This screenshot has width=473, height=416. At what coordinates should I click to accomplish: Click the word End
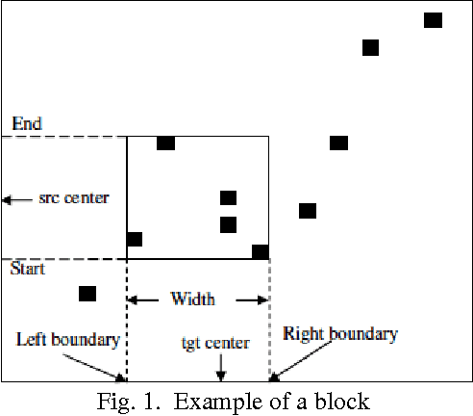pos(26,124)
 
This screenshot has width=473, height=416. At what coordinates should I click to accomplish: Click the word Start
pos(27,269)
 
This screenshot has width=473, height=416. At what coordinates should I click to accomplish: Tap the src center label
pos(73,198)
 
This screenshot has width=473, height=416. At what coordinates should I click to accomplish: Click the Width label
pos(193,299)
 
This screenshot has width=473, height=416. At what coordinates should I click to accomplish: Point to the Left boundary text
pos(67,339)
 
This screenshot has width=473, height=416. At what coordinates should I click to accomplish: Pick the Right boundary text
pos(340,333)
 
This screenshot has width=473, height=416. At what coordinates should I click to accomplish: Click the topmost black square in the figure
pos(433,20)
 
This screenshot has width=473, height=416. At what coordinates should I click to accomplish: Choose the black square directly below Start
pos(87,294)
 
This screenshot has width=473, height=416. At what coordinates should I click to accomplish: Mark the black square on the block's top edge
pos(165,143)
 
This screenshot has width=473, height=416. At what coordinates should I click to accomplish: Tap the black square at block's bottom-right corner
pos(260,252)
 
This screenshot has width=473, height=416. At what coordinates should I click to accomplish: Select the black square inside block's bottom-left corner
pos(135,239)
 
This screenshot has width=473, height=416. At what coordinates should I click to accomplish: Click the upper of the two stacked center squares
pos(228,198)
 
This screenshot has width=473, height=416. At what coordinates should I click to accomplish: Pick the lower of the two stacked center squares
pos(228,224)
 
